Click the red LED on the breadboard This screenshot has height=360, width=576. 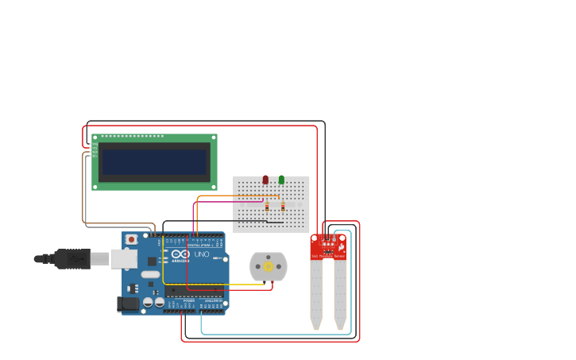[265, 180]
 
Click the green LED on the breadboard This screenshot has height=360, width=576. [281, 180]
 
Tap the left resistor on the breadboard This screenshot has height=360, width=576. [267, 207]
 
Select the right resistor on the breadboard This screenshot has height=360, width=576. [283, 207]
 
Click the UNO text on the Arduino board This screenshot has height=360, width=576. [202, 254]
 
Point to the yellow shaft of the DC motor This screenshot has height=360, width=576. [269, 267]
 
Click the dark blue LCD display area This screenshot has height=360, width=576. [154, 162]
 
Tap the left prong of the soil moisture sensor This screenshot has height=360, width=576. [316, 294]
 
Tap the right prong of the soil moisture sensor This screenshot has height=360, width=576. [340, 294]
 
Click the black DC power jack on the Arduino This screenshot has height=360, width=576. [127, 304]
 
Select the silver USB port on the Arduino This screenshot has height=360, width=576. [124, 258]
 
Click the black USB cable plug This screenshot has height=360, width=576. [72, 259]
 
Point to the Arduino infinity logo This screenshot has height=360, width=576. [180, 254]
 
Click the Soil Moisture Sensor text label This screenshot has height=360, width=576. [328, 257]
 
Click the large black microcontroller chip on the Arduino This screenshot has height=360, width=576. [194, 292]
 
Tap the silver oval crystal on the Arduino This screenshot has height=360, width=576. [151, 274]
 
